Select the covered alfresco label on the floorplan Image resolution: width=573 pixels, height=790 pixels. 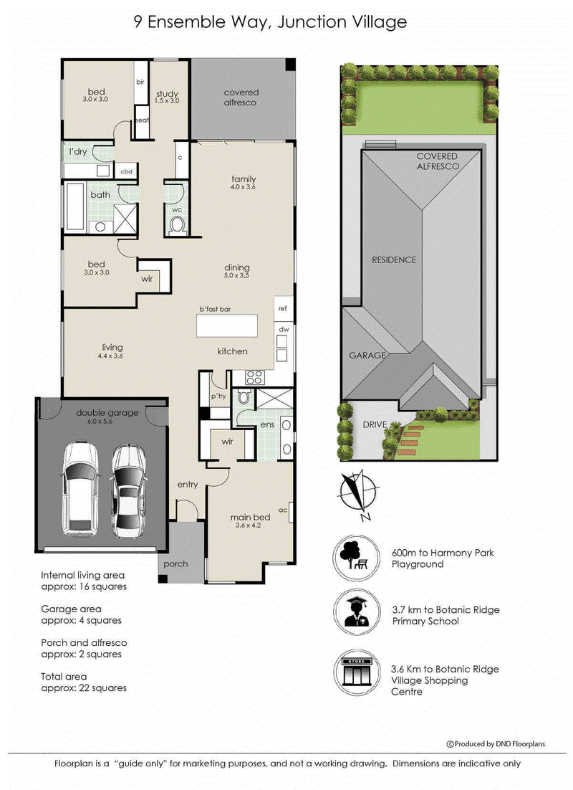[241, 97]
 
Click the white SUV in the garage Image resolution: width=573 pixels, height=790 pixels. [80, 488]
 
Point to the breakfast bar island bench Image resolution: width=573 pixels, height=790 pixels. [226, 325]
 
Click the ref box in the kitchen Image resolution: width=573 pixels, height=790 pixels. [284, 309]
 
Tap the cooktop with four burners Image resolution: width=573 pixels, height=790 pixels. [255, 377]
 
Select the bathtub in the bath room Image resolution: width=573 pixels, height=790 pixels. [75, 206]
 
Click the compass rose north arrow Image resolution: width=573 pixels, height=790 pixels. [358, 495]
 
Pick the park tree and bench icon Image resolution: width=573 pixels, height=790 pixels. [356, 557]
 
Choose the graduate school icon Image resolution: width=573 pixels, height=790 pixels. [356, 612]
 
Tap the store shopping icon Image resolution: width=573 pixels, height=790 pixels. [356, 672]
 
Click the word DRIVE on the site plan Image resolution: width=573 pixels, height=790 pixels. [375, 424]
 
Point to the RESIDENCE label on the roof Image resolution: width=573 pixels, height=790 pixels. [394, 260]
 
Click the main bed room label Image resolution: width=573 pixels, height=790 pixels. [250, 518]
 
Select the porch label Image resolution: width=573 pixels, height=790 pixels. [175, 564]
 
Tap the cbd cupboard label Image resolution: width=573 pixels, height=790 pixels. [126, 171]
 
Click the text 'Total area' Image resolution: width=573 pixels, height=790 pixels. [64, 677]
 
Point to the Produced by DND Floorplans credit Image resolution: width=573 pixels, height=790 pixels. [496, 743]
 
